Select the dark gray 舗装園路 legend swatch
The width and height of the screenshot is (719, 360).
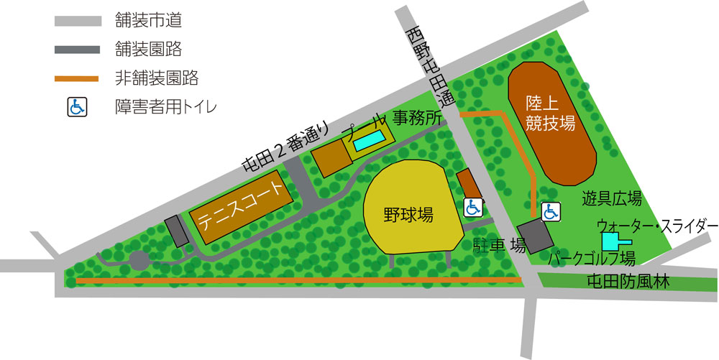pyautogui.click(x=76, y=50)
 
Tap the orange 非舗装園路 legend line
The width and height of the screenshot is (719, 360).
pyautogui.click(x=76, y=78)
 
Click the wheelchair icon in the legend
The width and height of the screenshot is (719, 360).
pyautogui.click(x=76, y=107)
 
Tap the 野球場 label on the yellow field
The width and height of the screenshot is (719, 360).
pyautogui.click(x=408, y=215)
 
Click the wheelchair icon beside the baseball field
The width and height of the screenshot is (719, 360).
pyautogui.click(x=472, y=207)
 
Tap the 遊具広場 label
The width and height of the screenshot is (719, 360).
pyautogui.click(x=612, y=199)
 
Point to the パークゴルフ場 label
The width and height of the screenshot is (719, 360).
pyautogui.click(x=591, y=257)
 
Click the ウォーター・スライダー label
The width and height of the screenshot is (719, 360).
pyautogui.click(x=657, y=226)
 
